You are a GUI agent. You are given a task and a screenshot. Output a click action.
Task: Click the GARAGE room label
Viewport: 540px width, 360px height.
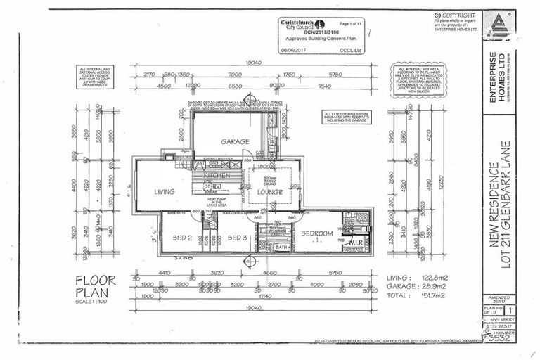236,142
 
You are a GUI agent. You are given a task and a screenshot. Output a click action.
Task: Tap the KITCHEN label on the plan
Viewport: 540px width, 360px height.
218,174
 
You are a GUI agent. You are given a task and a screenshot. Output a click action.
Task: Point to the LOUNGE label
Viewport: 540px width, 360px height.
269,191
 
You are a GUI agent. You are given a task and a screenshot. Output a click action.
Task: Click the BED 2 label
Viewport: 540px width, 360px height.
182,238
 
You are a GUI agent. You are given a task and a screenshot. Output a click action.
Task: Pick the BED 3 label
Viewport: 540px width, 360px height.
237,238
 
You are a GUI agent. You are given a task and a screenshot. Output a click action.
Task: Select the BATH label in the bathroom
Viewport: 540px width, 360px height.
281,247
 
